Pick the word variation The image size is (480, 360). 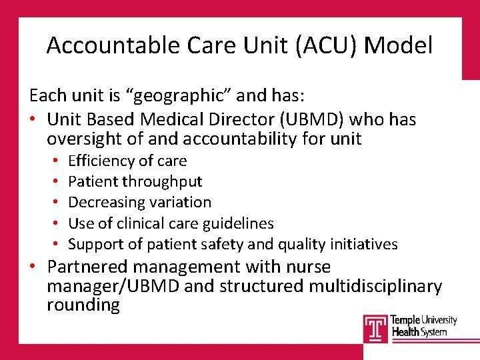(181, 202)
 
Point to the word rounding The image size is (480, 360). (83, 305)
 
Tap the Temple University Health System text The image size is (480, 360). (423, 326)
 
